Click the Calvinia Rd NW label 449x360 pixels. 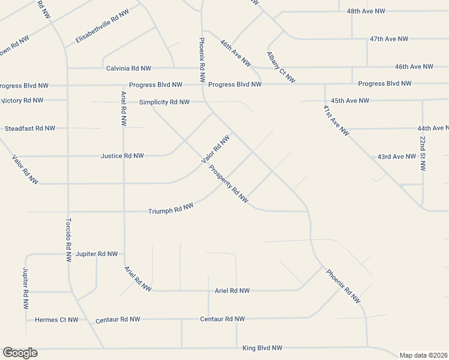(x=128, y=68)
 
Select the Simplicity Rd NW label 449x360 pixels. (x=164, y=102)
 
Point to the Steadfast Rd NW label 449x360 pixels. (x=30, y=128)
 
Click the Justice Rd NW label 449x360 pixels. (x=122, y=156)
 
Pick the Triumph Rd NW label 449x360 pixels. (x=171, y=209)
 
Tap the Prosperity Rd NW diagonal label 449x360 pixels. (x=229, y=183)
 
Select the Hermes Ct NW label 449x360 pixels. (x=56, y=320)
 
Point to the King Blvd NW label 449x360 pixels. (x=262, y=348)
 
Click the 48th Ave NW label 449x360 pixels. (x=366, y=11)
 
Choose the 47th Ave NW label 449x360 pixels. (x=389, y=39)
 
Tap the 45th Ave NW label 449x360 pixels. (x=350, y=101)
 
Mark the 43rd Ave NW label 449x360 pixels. (x=397, y=157)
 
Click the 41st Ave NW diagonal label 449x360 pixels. (x=336, y=121)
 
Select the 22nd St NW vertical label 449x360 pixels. (x=423, y=154)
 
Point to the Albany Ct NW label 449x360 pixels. (x=281, y=67)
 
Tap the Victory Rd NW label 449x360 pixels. (x=22, y=100)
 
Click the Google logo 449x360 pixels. (x=20, y=353)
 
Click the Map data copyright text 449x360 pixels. (x=424, y=355)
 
